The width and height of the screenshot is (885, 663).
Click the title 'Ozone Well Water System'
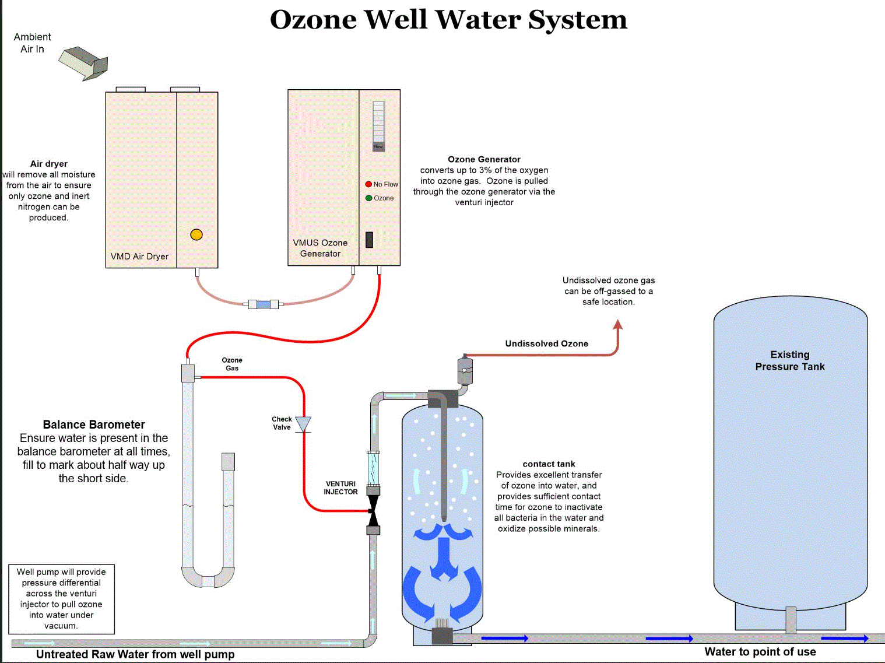coord(448,20)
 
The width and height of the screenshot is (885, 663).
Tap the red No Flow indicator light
coord(368,184)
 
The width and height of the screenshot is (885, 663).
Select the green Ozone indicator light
coord(368,198)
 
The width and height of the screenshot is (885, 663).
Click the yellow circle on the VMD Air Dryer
coord(196,234)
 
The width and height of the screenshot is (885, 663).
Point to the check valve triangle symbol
coord(303,424)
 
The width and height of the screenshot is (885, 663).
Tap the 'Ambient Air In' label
coord(32,43)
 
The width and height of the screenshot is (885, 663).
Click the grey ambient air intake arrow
coord(84,63)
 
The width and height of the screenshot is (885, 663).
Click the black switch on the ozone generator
coord(369,240)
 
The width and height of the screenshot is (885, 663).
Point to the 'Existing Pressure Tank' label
coord(790,360)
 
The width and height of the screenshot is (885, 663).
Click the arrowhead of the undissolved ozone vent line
coord(618,324)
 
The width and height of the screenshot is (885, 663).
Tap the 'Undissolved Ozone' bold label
coord(546,344)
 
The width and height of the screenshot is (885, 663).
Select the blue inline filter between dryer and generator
coord(264,304)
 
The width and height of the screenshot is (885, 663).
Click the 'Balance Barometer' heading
coord(94,425)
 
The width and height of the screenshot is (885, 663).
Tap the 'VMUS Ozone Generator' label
coord(320,248)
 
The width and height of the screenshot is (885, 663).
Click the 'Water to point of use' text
coord(760,652)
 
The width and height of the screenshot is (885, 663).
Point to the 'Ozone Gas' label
coord(232,364)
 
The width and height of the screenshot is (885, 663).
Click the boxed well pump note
coord(61,599)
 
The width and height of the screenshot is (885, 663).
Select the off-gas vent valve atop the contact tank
coord(465,370)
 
